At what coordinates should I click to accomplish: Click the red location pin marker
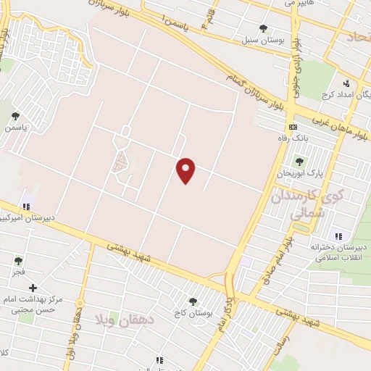pos(186,170)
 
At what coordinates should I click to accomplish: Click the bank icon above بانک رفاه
pos(292,126)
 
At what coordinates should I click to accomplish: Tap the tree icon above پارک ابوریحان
pos(299,161)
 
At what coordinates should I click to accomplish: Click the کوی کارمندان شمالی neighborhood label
pos(299,204)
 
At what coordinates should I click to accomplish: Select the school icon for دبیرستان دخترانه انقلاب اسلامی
pos(338,235)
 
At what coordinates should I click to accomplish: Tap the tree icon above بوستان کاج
pos(192,301)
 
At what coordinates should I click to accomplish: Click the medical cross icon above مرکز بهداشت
pos(33,288)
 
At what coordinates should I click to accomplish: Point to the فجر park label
pos(17,272)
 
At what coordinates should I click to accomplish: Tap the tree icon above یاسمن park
pos(15,115)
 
